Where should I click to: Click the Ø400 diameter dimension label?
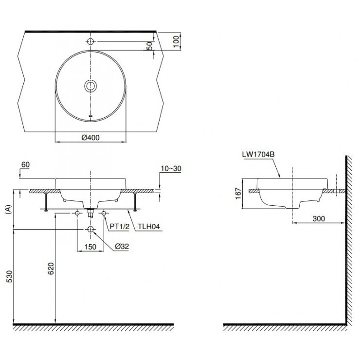(x=90, y=138)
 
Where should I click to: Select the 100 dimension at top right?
(x=177, y=41)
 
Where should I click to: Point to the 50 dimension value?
(x=150, y=46)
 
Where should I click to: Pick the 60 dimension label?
(x=26, y=165)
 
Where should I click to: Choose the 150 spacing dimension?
(x=90, y=247)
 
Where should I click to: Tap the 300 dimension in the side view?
(x=319, y=219)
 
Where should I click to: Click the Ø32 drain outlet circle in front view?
(x=90, y=229)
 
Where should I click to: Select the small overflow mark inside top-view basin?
(x=90, y=116)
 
